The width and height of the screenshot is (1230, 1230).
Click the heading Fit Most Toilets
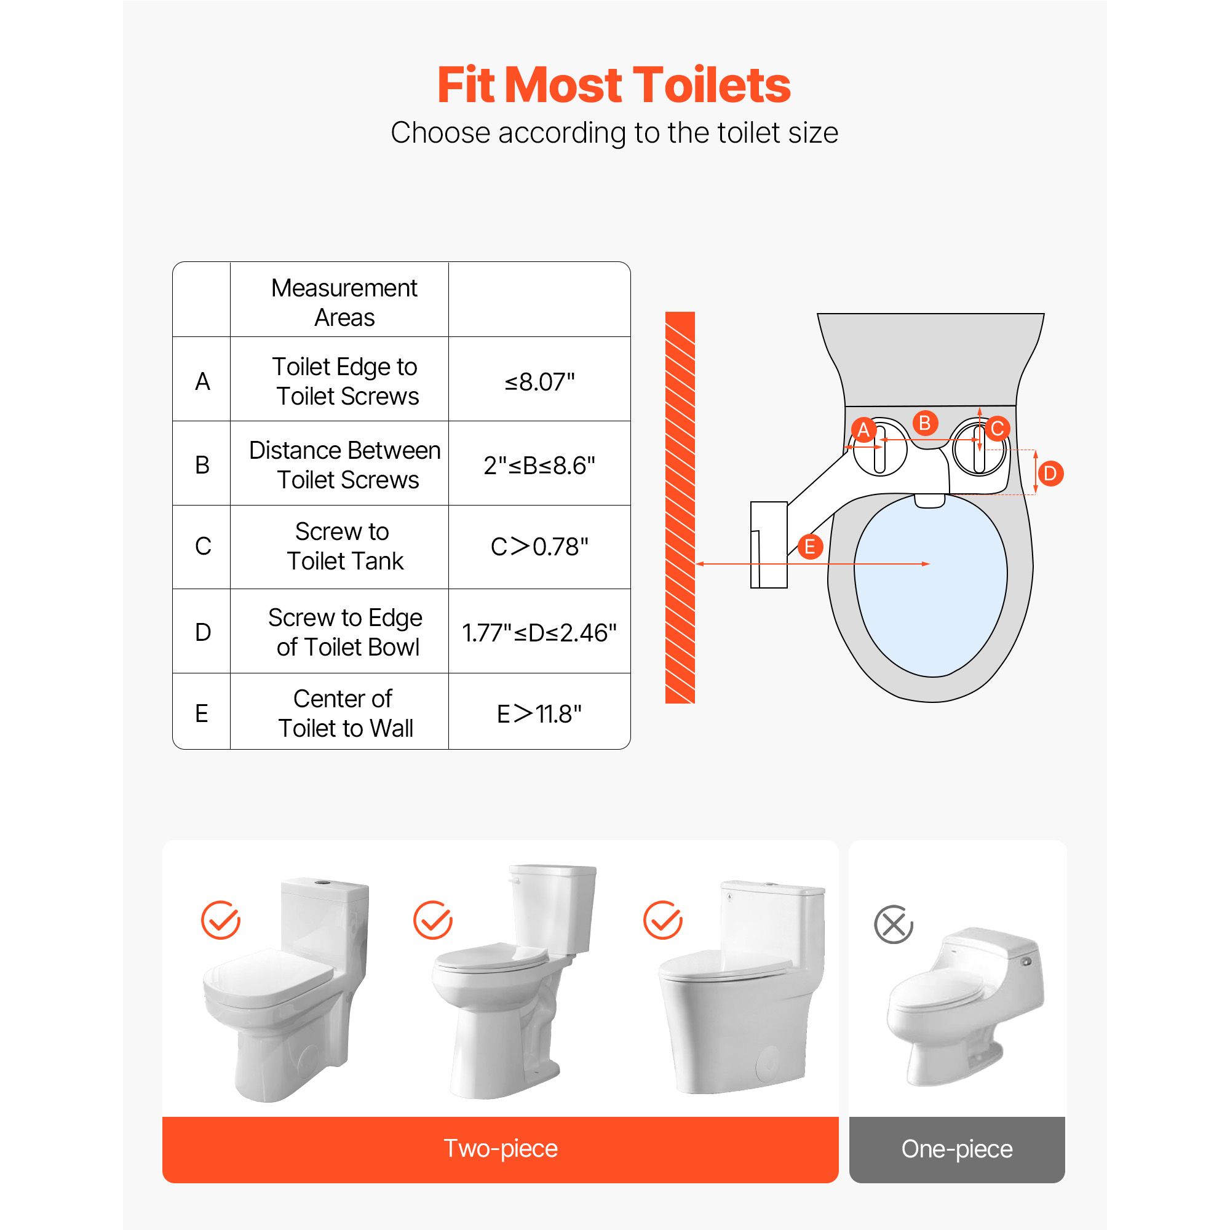[x=614, y=85]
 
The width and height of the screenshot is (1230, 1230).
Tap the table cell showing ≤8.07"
[x=539, y=382]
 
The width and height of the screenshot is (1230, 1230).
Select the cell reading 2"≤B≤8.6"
[x=539, y=466]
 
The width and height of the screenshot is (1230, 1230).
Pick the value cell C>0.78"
[x=539, y=547]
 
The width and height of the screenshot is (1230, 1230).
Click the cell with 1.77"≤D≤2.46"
[x=539, y=633]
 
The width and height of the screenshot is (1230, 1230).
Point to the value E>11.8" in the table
[x=539, y=713]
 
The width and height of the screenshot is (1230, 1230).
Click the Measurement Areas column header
[x=344, y=303]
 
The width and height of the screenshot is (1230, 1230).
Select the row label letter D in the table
[x=202, y=632]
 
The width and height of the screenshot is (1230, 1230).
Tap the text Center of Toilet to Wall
[x=344, y=713]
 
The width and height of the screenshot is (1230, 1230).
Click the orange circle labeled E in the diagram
[x=810, y=547]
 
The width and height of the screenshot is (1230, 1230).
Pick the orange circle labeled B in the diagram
[x=925, y=423]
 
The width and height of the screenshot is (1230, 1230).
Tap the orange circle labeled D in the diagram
[x=1050, y=473]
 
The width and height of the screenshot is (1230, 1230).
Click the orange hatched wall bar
[x=680, y=507]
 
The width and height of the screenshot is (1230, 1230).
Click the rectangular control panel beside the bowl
[x=769, y=545]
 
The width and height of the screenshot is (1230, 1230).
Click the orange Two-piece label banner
[x=500, y=1148]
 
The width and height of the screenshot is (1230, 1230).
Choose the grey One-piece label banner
[x=956, y=1148]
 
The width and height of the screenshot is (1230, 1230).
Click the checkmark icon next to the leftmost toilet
[x=220, y=920]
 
